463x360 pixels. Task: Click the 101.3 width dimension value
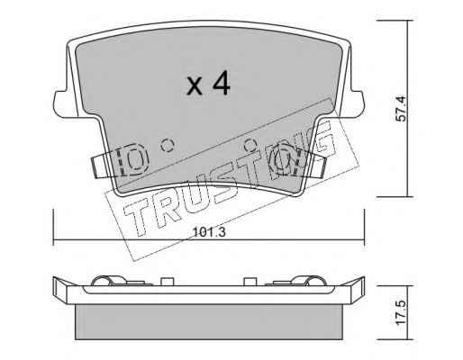coord(209,232)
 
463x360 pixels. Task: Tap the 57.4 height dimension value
coord(401,108)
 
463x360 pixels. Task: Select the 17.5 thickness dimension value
coord(401,312)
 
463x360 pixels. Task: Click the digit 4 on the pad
coord(222,84)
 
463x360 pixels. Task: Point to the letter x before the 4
coord(195,85)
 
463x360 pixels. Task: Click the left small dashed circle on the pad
coord(168,146)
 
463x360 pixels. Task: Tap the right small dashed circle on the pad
coord(250,146)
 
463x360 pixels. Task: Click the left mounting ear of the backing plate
coord(61,103)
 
